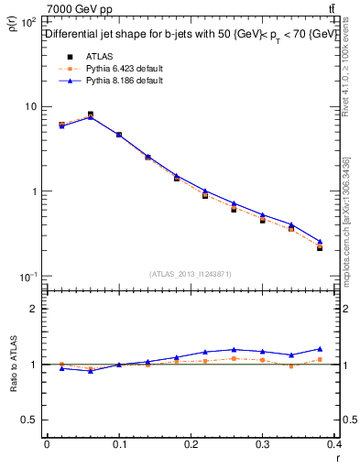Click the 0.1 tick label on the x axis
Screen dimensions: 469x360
[x=118, y=444]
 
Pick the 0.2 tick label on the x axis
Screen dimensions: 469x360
[x=191, y=444]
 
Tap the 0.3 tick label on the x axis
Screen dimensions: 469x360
[x=264, y=444]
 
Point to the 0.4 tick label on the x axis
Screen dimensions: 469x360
[x=334, y=444]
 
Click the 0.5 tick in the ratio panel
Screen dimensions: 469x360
[x=31, y=420]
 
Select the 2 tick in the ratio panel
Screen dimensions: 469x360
[x=34, y=309]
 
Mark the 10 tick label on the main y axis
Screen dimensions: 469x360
[x=30, y=106]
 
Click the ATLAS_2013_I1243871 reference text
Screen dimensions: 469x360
[x=191, y=274]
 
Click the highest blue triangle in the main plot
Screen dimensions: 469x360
[x=90, y=117]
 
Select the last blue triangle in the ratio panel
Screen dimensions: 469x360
[x=320, y=349]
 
